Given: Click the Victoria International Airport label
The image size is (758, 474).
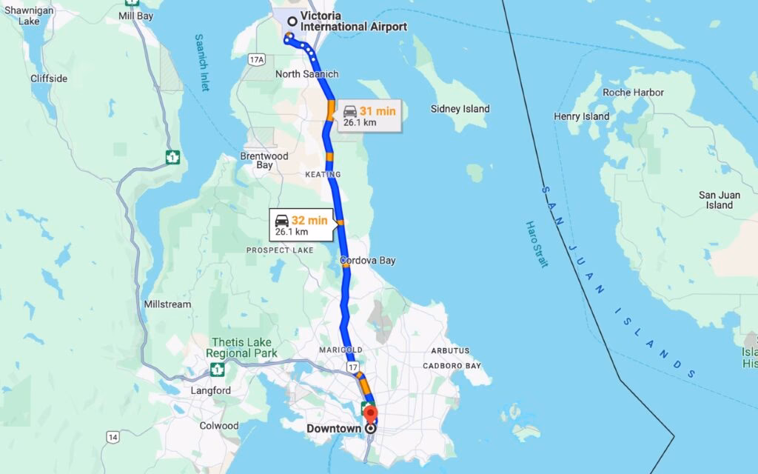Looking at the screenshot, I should click(353, 21).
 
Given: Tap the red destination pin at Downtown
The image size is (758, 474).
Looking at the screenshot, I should click(371, 413).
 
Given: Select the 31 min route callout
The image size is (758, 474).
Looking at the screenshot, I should click(369, 116).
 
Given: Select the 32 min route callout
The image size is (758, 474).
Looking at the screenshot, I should click(301, 224).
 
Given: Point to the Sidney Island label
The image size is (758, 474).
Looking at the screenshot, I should click(460, 109).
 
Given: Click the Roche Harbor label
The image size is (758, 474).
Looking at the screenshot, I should click(633, 93).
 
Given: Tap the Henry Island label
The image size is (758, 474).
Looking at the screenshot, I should click(581, 116).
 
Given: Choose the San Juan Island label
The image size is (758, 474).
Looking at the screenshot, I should click(719, 200).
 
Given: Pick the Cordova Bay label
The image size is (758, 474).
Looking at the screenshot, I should click(368, 261).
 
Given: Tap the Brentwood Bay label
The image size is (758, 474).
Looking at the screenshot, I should click(264, 161).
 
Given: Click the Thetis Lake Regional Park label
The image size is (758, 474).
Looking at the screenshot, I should click(244, 347).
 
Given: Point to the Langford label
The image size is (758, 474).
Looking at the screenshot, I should click(211, 390).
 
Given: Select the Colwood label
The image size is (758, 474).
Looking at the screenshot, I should click(219, 426).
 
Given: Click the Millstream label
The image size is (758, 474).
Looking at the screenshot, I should click(168, 304).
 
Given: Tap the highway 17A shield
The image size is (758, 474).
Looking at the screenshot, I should click(257, 59).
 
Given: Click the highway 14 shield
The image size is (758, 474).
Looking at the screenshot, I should click(112, 437).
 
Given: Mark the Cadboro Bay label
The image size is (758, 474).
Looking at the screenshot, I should click(452, 366).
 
